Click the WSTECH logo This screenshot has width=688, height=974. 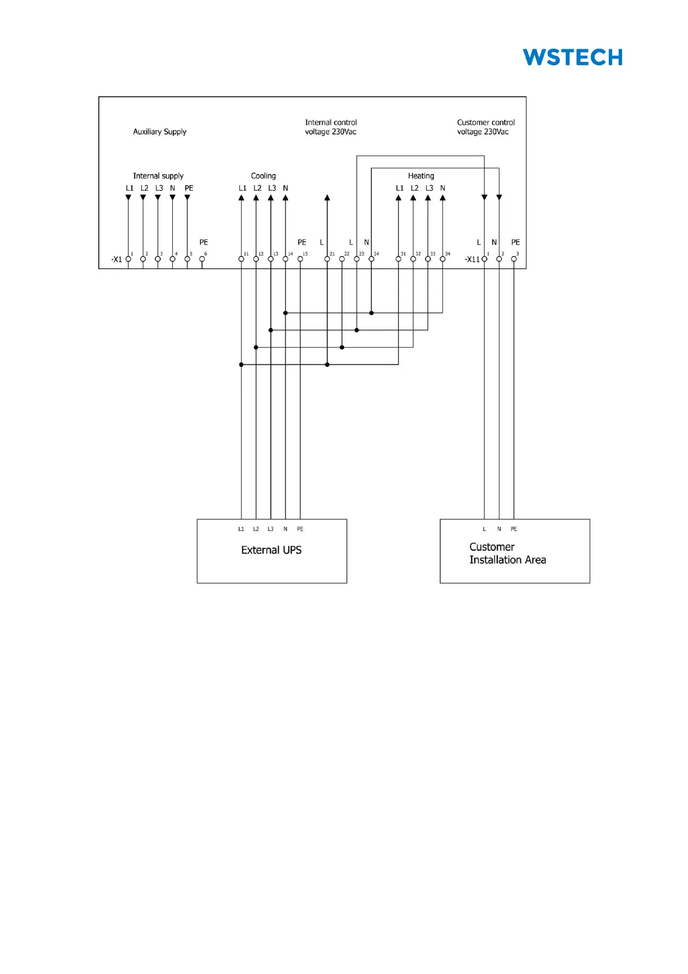[572, 57]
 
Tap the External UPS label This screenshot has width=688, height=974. [271, 550]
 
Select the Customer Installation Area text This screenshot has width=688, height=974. [507, 554]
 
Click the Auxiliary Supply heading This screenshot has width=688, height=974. [160, 132]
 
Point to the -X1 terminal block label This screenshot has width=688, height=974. [117, 260]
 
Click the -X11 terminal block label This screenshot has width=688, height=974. [472, 260]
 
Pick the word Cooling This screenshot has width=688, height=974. [263, 176]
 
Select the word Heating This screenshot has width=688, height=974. [421, 176]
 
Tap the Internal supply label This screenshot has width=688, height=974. [158, 176]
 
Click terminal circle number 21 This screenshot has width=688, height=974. [327, 259]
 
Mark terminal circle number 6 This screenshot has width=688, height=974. [202, 259]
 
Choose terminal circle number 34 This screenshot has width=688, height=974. [443, 259]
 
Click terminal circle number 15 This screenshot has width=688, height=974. [300, 259]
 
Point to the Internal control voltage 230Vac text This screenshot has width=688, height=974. [331, 127]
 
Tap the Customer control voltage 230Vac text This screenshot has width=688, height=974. [486, 127]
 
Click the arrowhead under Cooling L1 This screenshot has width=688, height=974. [241, 198]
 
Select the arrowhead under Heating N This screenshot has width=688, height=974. [443, 198]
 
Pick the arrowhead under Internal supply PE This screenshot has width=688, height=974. [187, 198]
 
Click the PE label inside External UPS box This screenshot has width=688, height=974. [300, 529]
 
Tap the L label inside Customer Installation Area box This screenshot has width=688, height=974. [484, 529]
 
